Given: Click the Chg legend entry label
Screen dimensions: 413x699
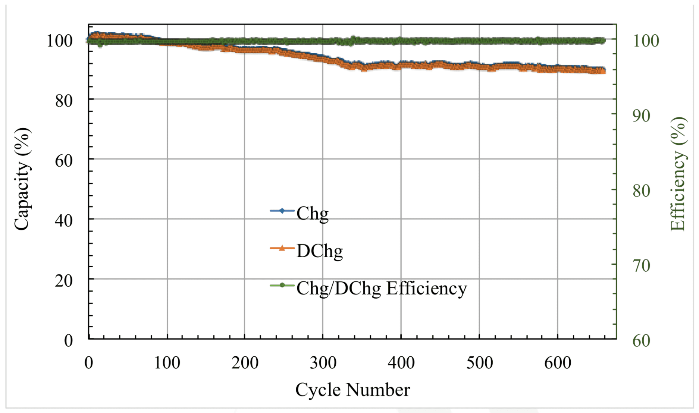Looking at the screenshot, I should (312, 214).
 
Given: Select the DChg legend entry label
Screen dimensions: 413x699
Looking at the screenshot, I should (319, 251).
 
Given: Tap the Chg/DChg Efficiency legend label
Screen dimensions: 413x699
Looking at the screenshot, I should (381, 289).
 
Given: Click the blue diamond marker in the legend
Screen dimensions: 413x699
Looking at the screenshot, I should (282, 211).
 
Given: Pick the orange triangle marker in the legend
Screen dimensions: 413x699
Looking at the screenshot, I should (282, 248).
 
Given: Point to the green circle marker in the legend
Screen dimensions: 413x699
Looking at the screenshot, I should (282, 286).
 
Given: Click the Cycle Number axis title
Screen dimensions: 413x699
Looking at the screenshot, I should (352, 390).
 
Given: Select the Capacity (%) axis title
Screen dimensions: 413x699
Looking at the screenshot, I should (22, 179).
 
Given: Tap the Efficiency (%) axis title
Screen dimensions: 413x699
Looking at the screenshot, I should (678, 174).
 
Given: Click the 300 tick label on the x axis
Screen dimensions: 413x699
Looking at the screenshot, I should (323, 363).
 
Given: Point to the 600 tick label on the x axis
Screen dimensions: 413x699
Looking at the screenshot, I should (558, 363).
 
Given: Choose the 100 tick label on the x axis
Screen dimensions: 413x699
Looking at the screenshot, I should (167, 363).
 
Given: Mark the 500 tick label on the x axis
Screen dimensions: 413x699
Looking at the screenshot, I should (480, 363).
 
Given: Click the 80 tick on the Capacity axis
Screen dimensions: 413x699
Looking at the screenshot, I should (64, 101).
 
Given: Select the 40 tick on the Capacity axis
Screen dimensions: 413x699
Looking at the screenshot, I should (64, 221).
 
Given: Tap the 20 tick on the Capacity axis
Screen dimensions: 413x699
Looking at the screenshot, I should (64, 281).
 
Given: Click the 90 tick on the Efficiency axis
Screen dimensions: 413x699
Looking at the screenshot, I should (641, 116).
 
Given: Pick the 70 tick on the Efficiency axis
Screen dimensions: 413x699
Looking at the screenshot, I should (641, 266).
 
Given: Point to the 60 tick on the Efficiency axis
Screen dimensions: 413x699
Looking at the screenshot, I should (641, 341).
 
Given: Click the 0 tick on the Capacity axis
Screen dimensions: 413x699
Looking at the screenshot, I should (69, 341).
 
